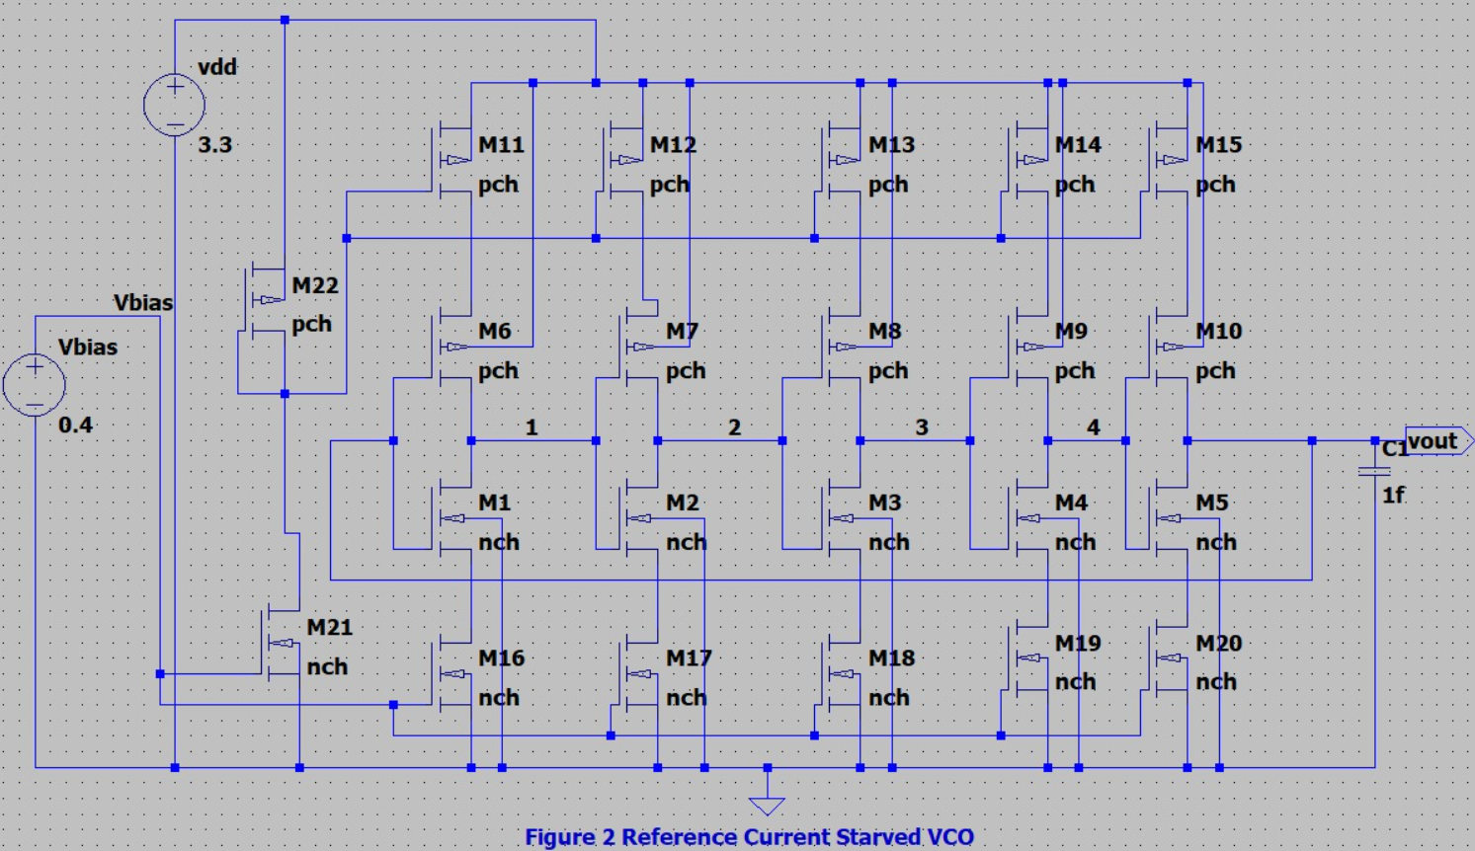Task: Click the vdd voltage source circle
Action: (174, 105)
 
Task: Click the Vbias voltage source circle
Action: (35, 385)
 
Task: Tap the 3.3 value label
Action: (214, 145)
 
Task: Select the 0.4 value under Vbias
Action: (75, 425)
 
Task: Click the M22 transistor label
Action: (315, 285)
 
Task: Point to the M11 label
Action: (501, 145)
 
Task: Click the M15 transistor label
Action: (1218, 145)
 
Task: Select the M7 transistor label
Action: (682, 332)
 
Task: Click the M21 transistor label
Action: (329, 628)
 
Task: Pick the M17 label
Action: (689, 658)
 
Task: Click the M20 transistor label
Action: (1218, 644)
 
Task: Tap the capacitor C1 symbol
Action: (1374, 471)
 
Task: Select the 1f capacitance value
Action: (1393, 496)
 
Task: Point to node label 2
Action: (734, 427)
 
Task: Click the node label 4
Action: (1093, 427)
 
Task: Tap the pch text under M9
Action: (1075, 371)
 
